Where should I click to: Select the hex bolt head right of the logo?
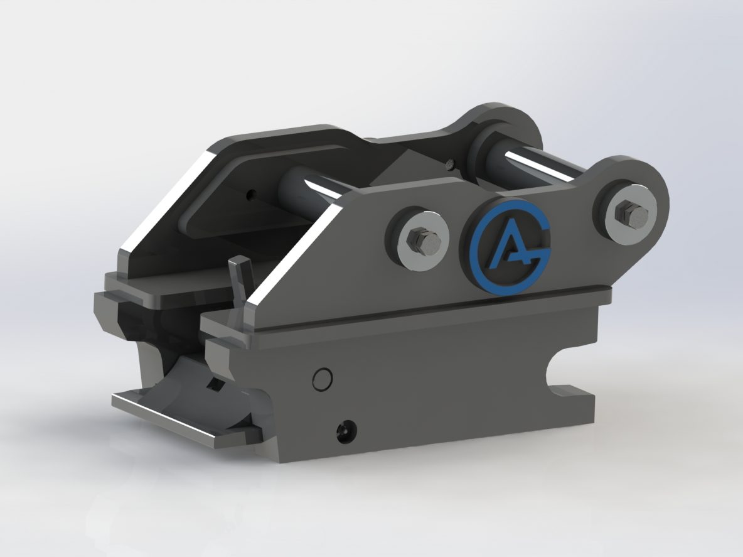tap(627, 214)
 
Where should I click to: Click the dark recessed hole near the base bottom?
tap(345, 431)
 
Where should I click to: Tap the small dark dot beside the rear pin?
tap(449, 166)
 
